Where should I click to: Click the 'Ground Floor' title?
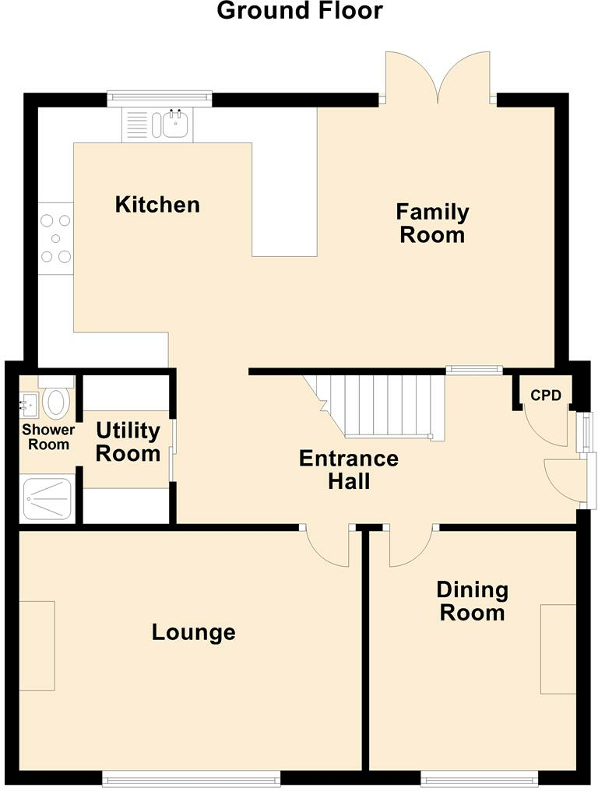tap(300, 11)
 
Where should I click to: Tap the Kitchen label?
tap(157, 204)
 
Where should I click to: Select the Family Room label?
tap(432, 223)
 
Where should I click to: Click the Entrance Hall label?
tap(349, 469)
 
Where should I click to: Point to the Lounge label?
tap(194, 632)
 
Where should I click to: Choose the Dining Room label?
tap(473, 601)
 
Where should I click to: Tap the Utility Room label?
tap(128, 442)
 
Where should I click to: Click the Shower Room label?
tap(48, 437)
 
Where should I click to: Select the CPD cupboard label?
tap(546, 395)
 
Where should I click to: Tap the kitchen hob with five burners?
tap(55, 238)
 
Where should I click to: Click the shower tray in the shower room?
tap(47, 498)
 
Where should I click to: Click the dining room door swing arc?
tap(410, 553)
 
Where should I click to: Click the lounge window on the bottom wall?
tap(192, 778)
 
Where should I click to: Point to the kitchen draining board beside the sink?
tap(136, 125)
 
